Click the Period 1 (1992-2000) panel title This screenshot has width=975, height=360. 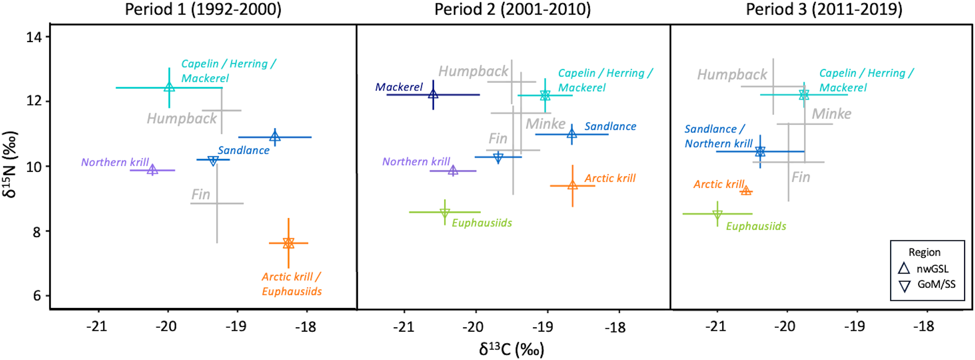click(x=203, y=9)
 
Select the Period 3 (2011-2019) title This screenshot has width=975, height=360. click(x=824, y=9)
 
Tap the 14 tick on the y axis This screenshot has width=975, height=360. click(x=34, y=37)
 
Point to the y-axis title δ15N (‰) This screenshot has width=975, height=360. click(x=10, y=164)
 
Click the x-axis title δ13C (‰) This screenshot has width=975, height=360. click(x=512, y=350)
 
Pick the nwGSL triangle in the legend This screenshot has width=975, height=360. click(x=904, y=268)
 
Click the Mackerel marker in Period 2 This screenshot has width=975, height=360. click(x=433, y=94)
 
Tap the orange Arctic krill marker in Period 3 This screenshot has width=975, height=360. click(x=746, y=191)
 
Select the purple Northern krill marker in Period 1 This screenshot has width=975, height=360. click(x=152, y=170)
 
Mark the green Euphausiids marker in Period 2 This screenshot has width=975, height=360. click(x=445, y=213)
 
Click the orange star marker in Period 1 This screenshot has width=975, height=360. click(x=289, y=243)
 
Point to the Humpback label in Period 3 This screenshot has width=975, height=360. click(x=732, y=75)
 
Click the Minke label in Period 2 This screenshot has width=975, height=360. click(x=545, y=124)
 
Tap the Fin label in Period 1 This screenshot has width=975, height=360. click(x=201, y=194)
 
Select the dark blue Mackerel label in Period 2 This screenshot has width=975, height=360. click(x=399, y=87)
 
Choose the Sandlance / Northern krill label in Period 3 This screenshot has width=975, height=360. click(x=718, y=136)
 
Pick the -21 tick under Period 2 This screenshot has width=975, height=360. click(x=403, y=327)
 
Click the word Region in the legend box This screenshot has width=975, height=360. click(x=924, y=252)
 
